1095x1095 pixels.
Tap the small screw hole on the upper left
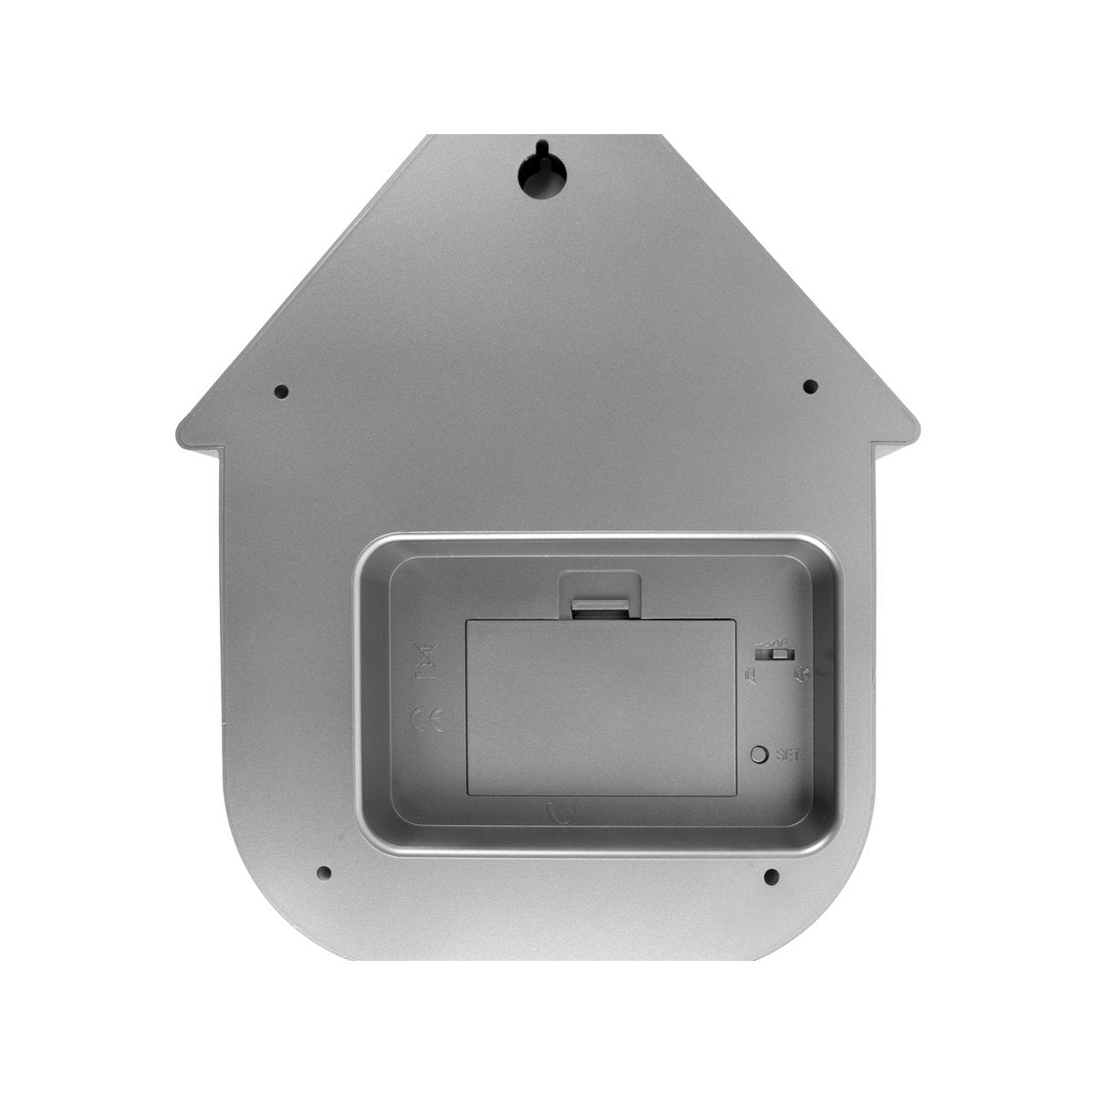281,392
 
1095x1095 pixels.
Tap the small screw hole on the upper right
809,387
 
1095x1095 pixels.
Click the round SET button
758,755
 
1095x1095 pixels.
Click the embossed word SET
787,755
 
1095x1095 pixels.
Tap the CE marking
426,721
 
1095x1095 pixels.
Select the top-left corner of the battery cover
468,621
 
